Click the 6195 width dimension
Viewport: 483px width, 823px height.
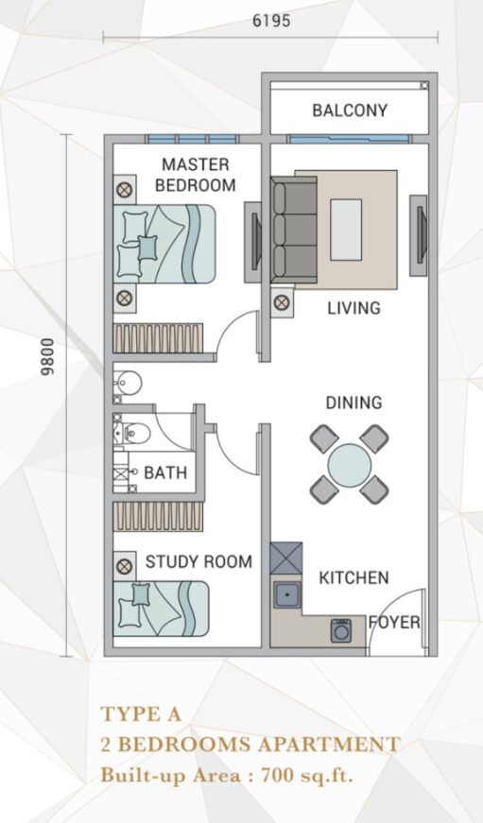tap(271, 21)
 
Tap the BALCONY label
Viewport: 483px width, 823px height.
tap(350, 111)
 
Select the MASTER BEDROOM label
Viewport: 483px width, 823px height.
tap(196, 175)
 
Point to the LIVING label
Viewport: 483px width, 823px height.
tap(354, 308)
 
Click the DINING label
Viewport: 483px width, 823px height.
tap(354, 403)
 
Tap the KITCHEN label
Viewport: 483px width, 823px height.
tap(354, 578)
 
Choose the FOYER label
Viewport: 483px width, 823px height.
tap(394, 623)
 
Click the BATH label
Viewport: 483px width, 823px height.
tap(165, 472)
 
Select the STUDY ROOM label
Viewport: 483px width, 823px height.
tap(198, 561)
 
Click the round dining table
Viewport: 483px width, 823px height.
tap(350, 465)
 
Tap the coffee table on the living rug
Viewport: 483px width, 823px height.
tap(346, 230)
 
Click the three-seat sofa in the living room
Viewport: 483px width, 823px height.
tap(294, 230)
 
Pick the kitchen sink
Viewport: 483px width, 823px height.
tap(286, 594)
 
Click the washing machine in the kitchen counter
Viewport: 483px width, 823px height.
tap(341, 630)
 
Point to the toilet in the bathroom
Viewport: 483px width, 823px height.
tap(133, 433)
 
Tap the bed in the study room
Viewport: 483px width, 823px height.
tap(162, 609)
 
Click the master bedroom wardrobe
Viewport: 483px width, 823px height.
tap(158, 338)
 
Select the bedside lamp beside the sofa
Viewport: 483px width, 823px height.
tap(282, 303)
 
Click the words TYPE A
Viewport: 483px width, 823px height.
tap(141, 713)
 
